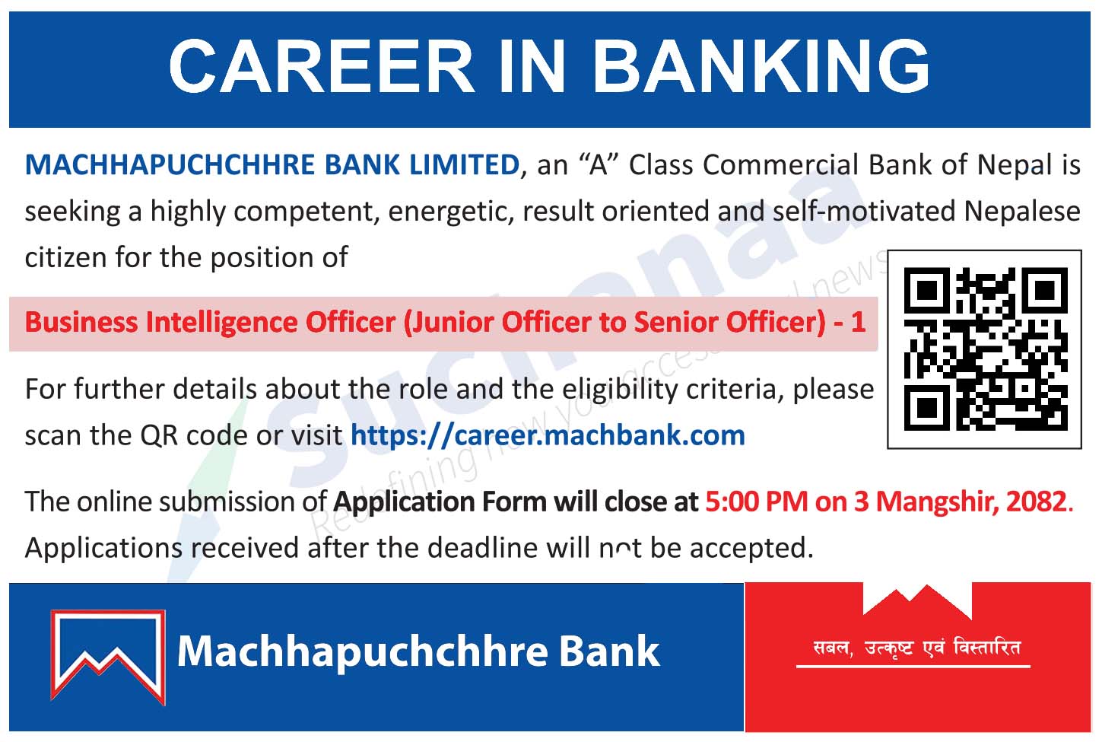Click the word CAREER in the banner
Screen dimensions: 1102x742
pos(321,66)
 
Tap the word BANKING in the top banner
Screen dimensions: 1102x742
pos(762,66)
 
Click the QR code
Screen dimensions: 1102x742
pos(986,349)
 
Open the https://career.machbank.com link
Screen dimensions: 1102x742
pos(548,436)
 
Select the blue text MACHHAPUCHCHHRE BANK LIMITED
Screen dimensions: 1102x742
pos(272,164)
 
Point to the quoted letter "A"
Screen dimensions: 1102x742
pos(599,164)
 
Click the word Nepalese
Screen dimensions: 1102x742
pos(1022,212)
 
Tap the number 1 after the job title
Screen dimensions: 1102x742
pos(859,322)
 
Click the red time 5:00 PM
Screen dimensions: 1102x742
pos(757,502)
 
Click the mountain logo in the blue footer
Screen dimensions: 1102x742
pos(108,657)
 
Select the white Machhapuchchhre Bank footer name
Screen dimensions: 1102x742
pos(418,652)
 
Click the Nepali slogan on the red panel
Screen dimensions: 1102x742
pos(916,648)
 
